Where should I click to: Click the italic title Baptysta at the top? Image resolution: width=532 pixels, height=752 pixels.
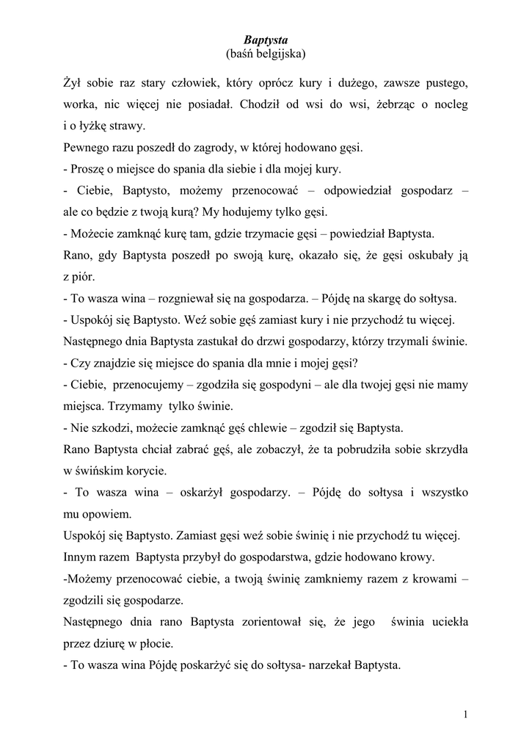click(x=266, y=40)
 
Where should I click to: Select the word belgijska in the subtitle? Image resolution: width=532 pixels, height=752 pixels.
click(x=277, y=54)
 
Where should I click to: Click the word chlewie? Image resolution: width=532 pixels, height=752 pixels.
click(x=253, y=427)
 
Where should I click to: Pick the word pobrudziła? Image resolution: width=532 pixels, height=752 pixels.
click(x=348, y=449)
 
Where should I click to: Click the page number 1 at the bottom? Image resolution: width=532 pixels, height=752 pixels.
click(x=466, y=714)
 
